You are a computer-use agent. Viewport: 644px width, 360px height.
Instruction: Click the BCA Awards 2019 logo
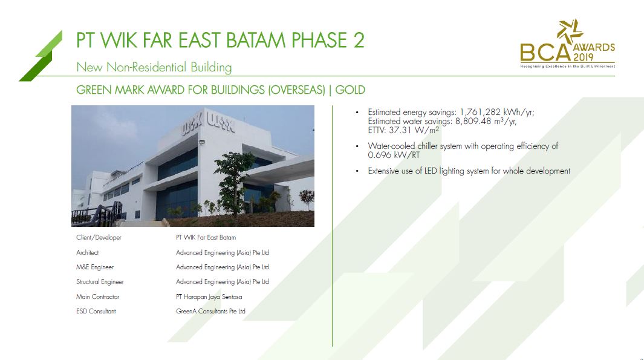click(x=567, y=44)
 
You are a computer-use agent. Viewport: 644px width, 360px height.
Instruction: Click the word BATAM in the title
click(x=256, y=41)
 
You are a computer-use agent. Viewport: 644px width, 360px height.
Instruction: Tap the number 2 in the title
click(x=358, y=41)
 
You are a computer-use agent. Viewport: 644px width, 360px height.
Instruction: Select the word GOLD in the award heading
click(x=350, y=90)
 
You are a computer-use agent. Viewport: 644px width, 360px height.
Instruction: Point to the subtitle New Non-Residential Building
click(x=154, y=67)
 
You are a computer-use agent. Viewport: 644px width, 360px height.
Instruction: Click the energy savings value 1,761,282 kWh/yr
click(x=496, y=112)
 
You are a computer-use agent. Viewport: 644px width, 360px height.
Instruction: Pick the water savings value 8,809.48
click(x=473, y=121)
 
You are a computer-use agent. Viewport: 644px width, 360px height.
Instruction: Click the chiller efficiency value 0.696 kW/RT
click(x=394, y=155)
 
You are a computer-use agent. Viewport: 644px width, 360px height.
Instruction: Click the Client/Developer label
click(x=99, y=238)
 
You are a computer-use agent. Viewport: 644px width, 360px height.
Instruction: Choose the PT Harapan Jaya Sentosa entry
click(x=209, y=296)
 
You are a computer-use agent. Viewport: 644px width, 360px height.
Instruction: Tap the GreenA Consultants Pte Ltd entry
click(x=210, y=312)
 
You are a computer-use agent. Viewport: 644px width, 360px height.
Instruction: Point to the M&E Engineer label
click(x=95, y=267)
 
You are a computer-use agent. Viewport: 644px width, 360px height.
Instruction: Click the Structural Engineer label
click(x=100, y=282)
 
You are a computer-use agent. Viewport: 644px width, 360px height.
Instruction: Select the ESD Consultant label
click(x=96, y=312)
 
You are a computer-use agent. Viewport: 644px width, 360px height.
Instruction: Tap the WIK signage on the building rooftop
click(x=209, y=123)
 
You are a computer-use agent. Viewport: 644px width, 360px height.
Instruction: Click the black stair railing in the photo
click(x=98, y=214)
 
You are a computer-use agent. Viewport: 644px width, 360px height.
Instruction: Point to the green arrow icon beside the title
click(x=41, y=56)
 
